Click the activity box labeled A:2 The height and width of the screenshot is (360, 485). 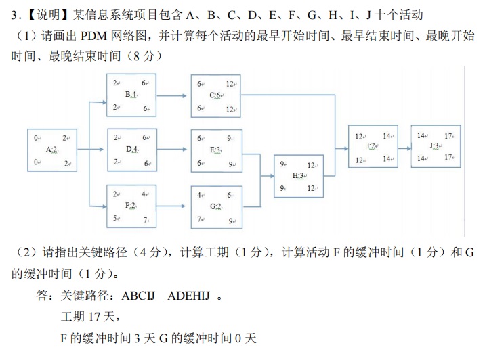pyautogui.click(x=51, y=149)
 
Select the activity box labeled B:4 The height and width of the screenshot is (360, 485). pyautogui.click(x=131, y=95)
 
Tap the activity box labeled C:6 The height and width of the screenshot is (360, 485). pyautogui.click(x=217, y=95)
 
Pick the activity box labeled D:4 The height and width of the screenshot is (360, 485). pyautogui.click(x=131, y=150)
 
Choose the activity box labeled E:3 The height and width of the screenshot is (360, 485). pyautogui.click(x=217, y=150)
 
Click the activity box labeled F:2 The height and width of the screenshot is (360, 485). pyautogui.click(x=131, y=206)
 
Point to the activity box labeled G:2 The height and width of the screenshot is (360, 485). pyautogui.click(x=217, y=206)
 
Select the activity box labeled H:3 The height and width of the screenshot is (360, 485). pyautogui.click(x=299, y=176)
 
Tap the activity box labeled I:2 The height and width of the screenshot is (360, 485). pyautogui.click(x=373, y=146)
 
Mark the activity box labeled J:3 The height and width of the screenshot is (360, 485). pyautogui.click(x=436, y=146)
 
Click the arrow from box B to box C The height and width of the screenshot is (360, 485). pyautogui.click(x=173, y=95)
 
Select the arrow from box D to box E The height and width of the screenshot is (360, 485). pyautogui.click(x=173, y=150)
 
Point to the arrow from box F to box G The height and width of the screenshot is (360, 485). pyautogui.click(x=173, y=206)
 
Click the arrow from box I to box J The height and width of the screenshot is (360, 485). pyautogui.click(x=404, y=146)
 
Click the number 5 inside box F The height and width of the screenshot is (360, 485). pyautogui.click(x=116, y=218)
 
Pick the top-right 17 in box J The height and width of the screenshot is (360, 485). pyautogui.click(x=448, y=136)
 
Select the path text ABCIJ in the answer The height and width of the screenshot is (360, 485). pyautogui.click(x=139, y=296)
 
